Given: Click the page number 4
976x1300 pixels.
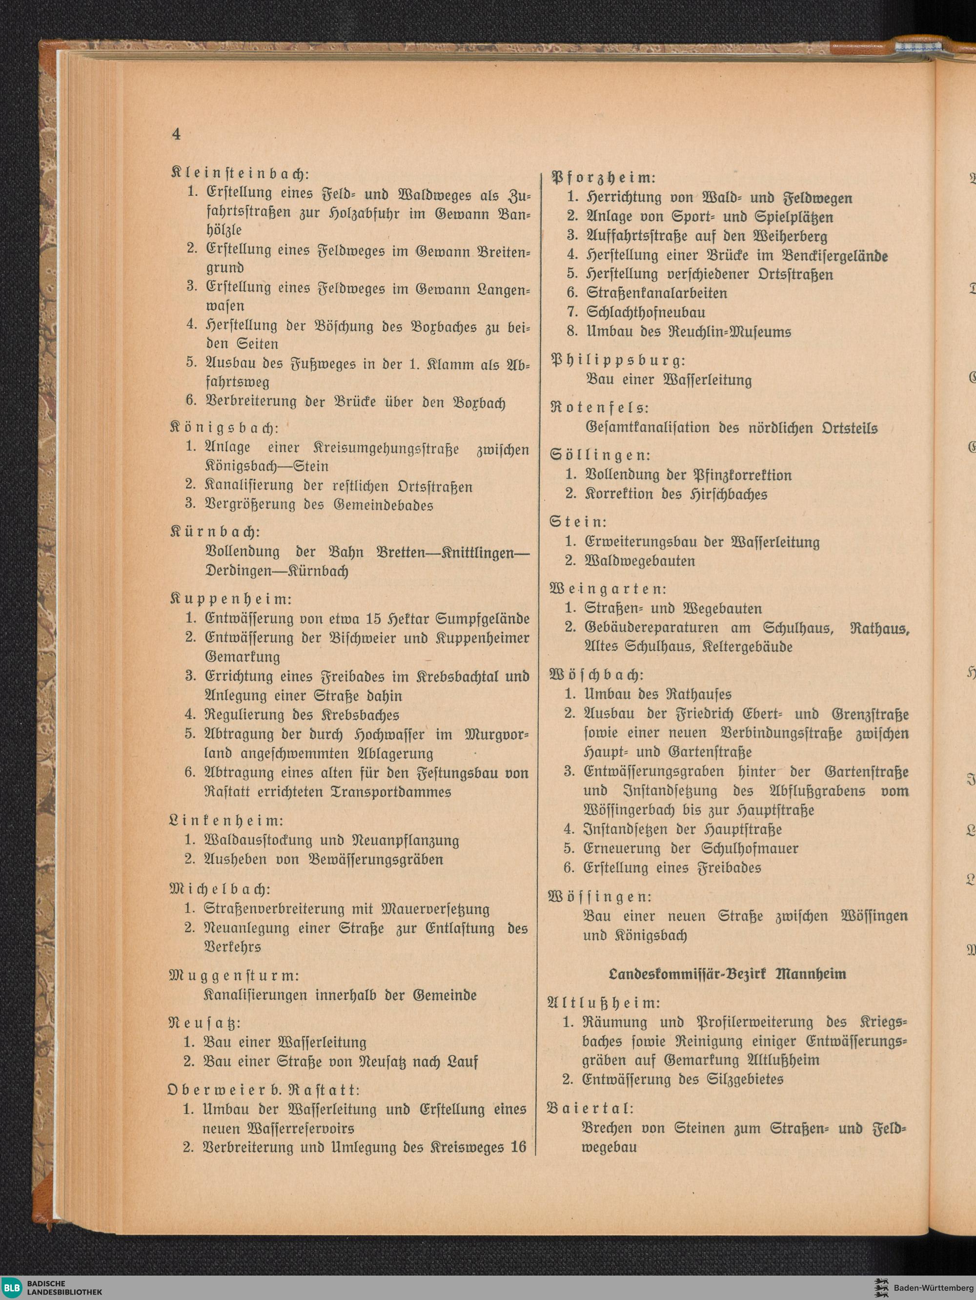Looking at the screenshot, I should (x=176, y=134).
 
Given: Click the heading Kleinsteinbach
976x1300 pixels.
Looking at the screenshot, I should (x=240, y=175).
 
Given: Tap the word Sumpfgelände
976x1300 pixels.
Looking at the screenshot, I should (x=483, y=619).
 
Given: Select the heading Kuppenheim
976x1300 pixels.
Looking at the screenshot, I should (x=230, y=599).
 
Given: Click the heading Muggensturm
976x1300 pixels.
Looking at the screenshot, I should (x=234, y=975).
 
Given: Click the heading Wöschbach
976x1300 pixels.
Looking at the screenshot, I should (x=596, y=675).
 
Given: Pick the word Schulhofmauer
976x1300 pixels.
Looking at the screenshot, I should (x=750, y=848).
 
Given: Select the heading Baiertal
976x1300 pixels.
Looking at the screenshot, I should (x=590, y=1109).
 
